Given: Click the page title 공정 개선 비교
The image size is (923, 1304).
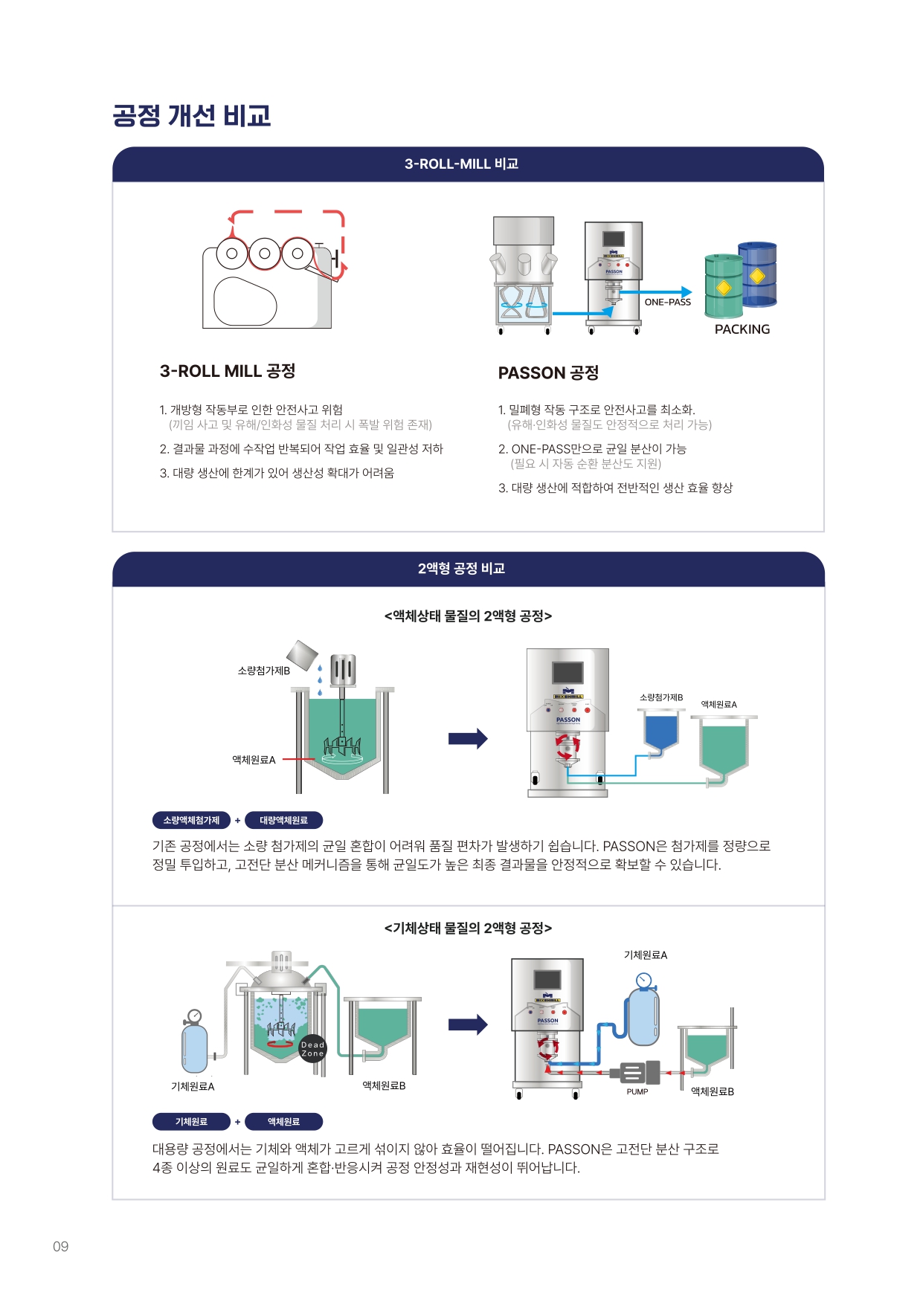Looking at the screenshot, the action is tap(192, 115).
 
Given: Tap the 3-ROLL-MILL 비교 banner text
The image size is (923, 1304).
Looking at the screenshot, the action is tap(461, 164).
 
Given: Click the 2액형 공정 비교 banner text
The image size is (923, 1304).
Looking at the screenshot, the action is tap(461, 569).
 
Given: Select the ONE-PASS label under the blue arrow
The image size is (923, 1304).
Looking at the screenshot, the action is tap(668, 302).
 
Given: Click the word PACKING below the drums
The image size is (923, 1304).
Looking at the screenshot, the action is tap(742, 329).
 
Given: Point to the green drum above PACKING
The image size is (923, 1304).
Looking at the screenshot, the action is tap(724, 285).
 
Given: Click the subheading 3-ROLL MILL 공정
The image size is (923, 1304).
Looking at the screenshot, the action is tap(228, 371).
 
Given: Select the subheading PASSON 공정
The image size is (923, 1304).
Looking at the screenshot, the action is tap(548, 373).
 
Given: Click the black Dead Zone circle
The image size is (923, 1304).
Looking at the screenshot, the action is tap(312, 1049).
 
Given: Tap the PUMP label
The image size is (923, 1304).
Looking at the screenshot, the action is tap(637, 1092).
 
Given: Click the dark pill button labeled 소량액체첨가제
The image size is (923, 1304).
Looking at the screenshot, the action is tap(191, 820).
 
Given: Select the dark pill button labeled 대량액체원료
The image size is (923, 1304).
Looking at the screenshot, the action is tap(283, 820).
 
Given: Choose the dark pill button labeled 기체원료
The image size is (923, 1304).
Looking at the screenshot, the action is tap(191, 1121).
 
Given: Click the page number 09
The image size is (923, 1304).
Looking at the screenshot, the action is tap(60, 1247).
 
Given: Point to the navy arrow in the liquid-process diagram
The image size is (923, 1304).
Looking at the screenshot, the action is tap(468, 738).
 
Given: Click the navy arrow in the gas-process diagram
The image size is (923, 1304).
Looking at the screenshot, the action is tap(468, 1024).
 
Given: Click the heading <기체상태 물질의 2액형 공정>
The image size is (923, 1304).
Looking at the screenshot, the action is tap(468, 928).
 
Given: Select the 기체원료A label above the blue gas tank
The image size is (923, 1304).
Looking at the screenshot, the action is tap(646, 955).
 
